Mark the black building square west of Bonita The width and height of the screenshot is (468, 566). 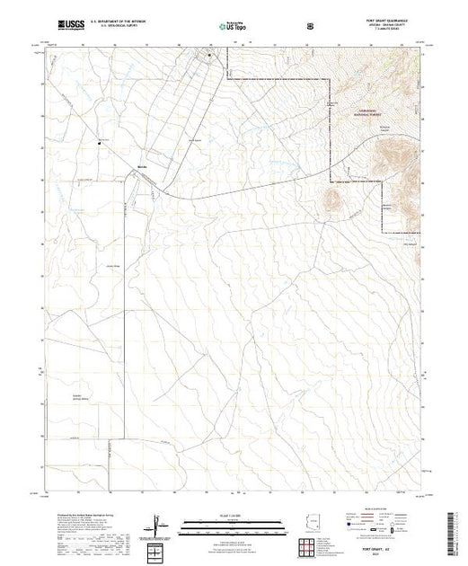point(100,141)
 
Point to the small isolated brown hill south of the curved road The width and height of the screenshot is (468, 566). point(331,201)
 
